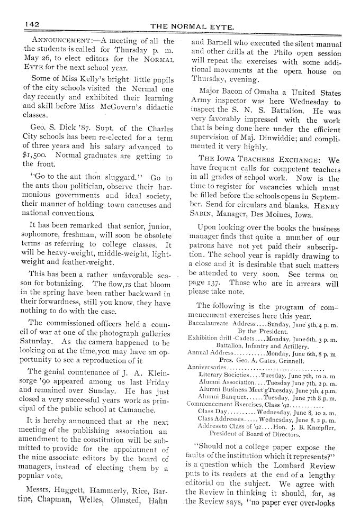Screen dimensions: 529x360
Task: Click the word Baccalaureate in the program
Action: coord(209,322)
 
